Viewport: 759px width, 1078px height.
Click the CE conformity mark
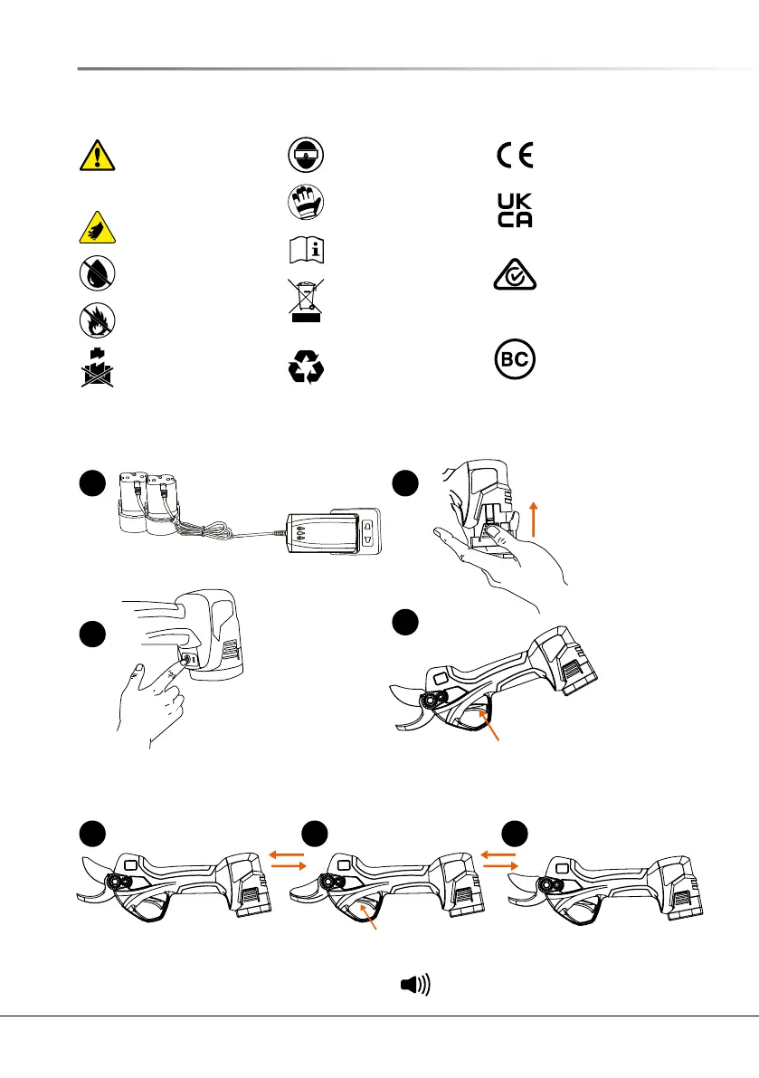(515, 155)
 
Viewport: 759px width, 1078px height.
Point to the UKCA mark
(515, 211)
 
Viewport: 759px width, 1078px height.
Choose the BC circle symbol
(515, 360)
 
